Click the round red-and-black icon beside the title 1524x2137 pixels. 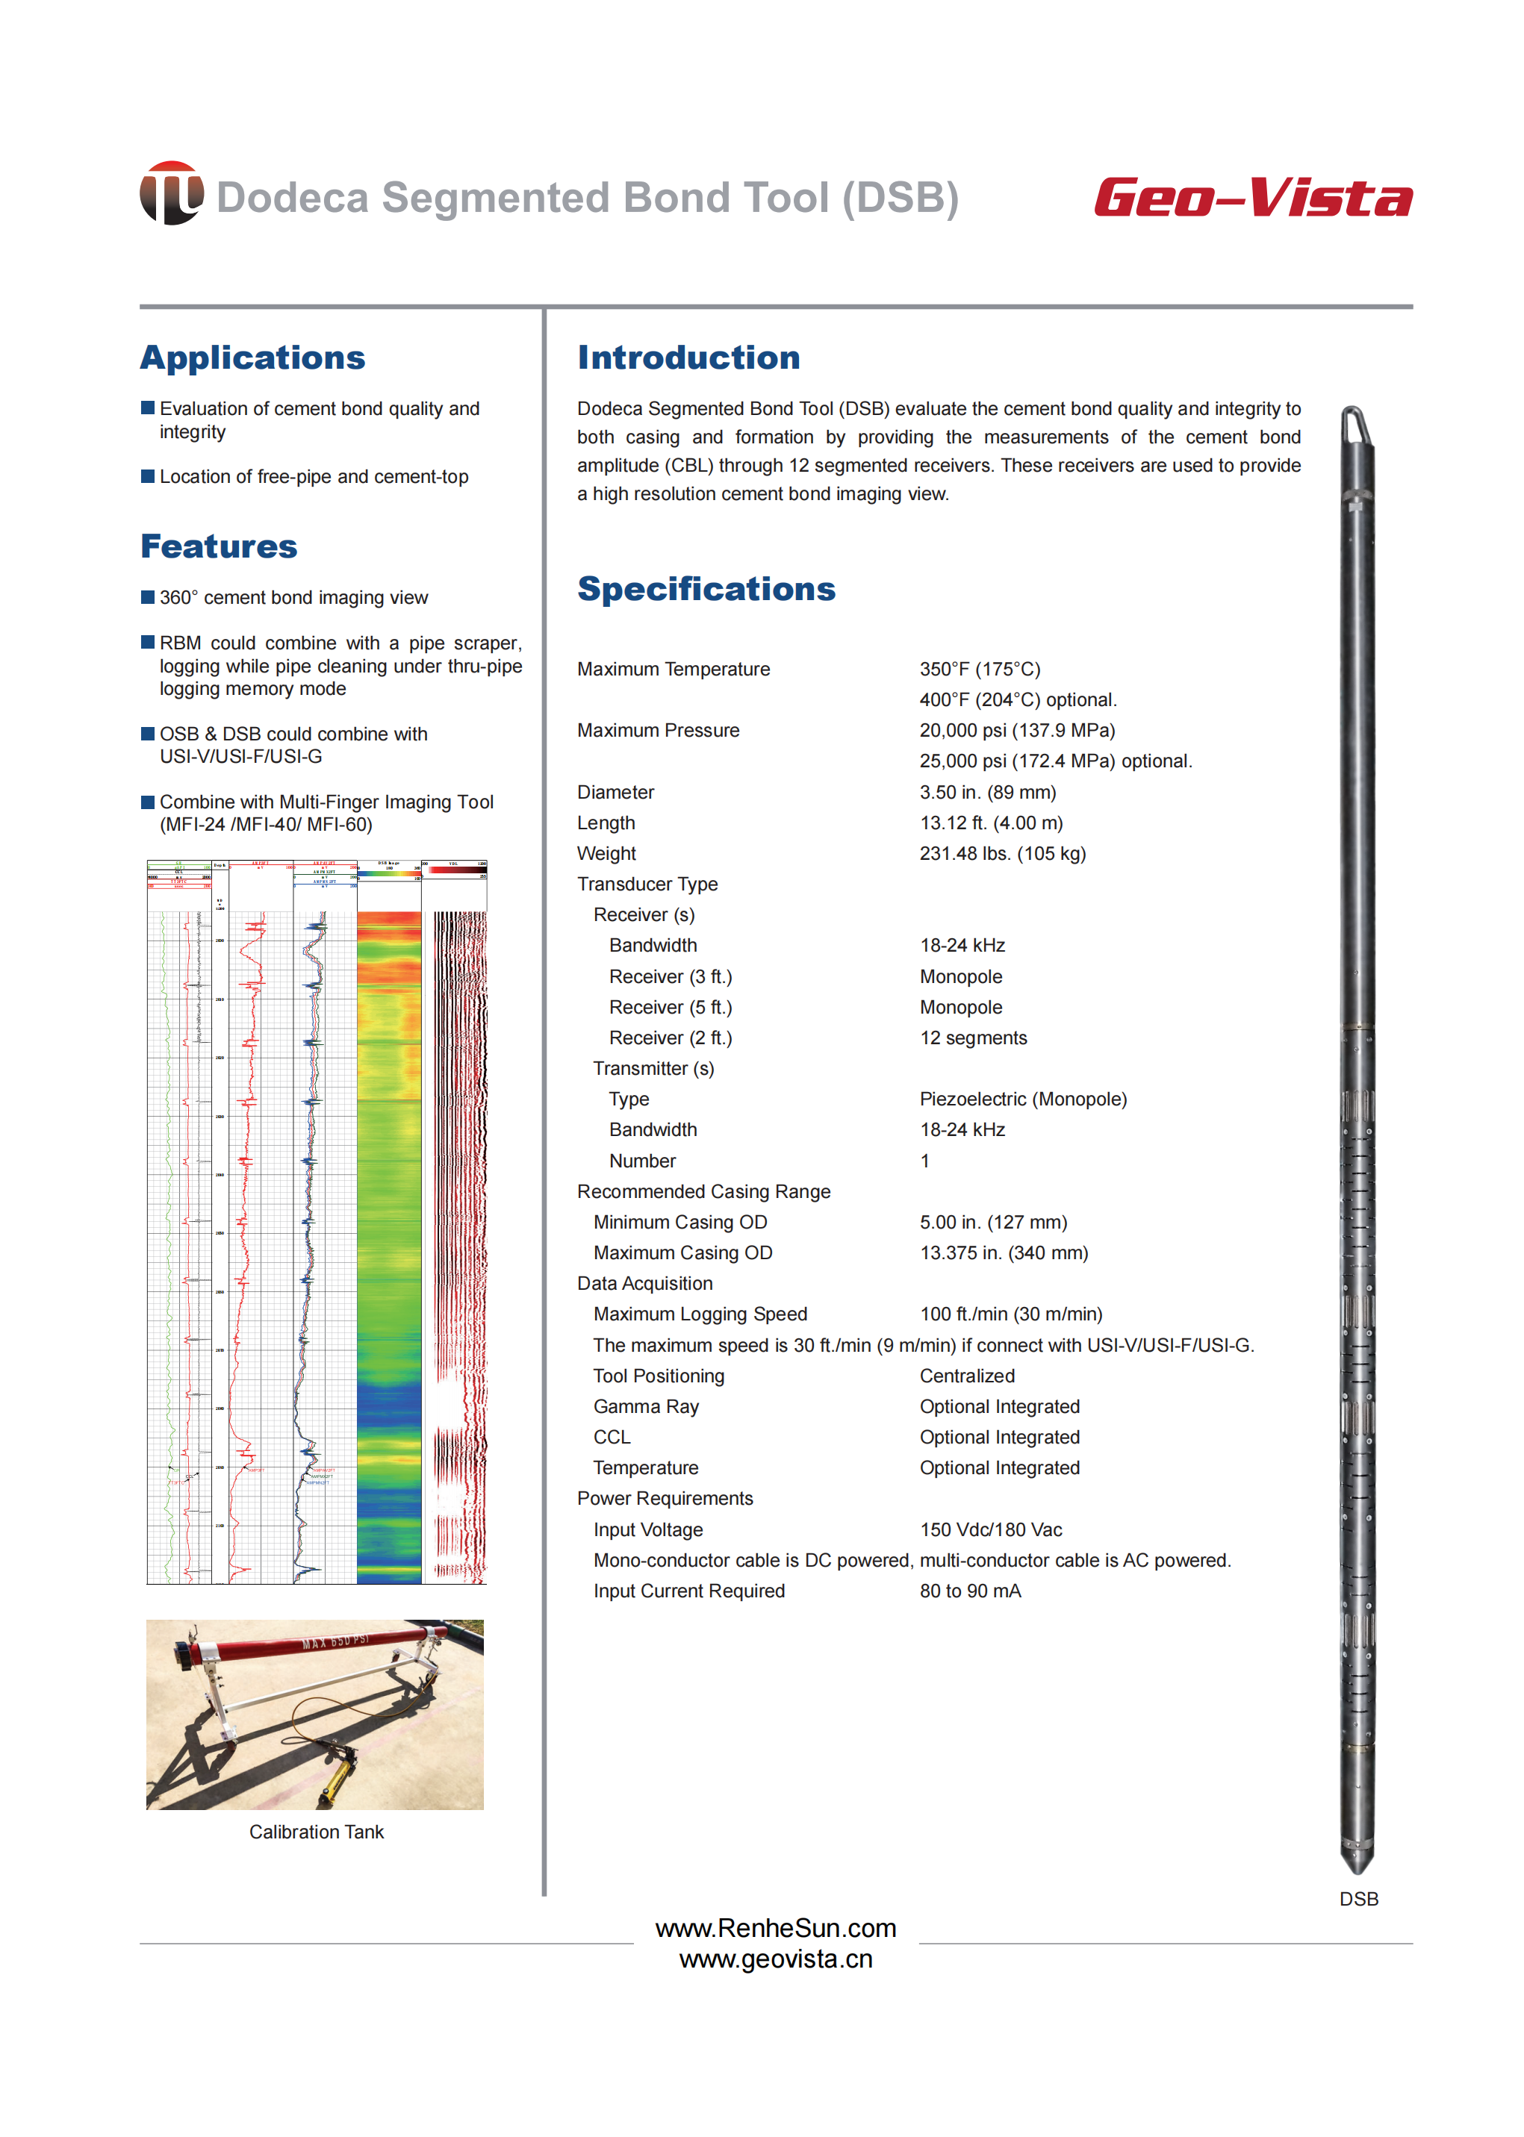pyautogui.click(x=171, y=193)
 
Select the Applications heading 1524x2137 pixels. pyautogui.click(x=252, y=358)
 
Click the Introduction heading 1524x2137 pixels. pyautogui.click(x=688, y=358)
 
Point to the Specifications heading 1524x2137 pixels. pyautogui.click(x=706, y=588)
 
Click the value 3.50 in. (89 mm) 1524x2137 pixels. pyautogui.click(x=987, y=792)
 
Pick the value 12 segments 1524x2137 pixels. pyautogui.click(x=973, y=1038)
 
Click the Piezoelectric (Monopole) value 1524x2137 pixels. pyautogui.click(x=1023, y=1099)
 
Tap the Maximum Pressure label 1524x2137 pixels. pyautogui.click(x=658, y=730)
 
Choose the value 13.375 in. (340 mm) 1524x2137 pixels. pyautogui.click(x=1003, y=1252)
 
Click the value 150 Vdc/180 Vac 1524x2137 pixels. pyautogui.click(x=990, y=1529)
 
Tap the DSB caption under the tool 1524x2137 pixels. pyautogui.click(x=1358, y=1899)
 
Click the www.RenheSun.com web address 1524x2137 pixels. pyautogui.click(x=775, y=1928)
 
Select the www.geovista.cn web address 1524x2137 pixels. pyautogui.click(x=775, y=1959)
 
